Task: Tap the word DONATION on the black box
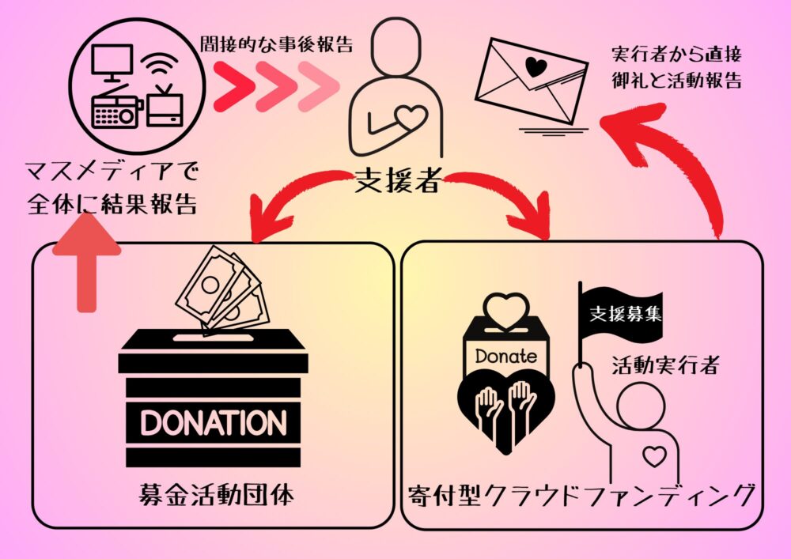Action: click(x=214, y=421)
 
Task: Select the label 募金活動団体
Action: click(x=214, y=497)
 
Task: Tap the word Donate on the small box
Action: click(x=505, y=356)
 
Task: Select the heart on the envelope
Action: click(x=536, y=66)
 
